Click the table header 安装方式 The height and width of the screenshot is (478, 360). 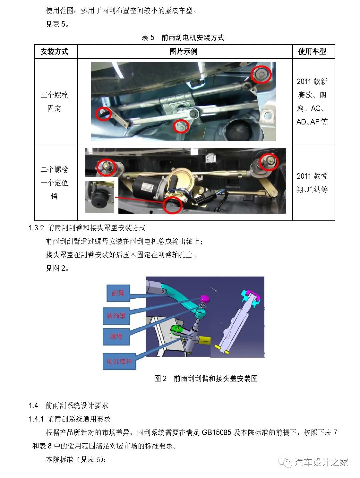coord(54,52)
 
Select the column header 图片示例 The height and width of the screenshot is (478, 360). coord(183,52)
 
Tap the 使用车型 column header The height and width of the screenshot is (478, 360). coord(312,52)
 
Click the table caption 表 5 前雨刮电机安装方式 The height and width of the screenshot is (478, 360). coord(183,37)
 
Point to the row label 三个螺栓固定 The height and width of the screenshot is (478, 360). coord(54,102)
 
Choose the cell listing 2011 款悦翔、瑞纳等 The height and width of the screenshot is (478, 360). coord(312,183)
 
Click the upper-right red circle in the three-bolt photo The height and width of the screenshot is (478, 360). coord(261,74)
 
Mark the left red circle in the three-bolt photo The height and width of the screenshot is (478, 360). coord(103,114)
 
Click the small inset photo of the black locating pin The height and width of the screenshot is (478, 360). coord(100,197)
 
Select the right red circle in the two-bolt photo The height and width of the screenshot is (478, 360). coord(268,162)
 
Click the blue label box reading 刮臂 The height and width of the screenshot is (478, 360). coord(118,293)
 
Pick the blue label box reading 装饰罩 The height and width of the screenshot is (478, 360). coord(116,315)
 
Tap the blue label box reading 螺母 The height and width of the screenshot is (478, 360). coord(116,336)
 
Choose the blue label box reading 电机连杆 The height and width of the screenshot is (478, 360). coord(119,361)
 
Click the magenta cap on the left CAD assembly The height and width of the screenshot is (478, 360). coord(204,298)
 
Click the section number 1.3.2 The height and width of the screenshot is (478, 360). coord(36,228)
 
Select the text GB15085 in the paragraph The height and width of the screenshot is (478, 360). coord(216,433)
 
